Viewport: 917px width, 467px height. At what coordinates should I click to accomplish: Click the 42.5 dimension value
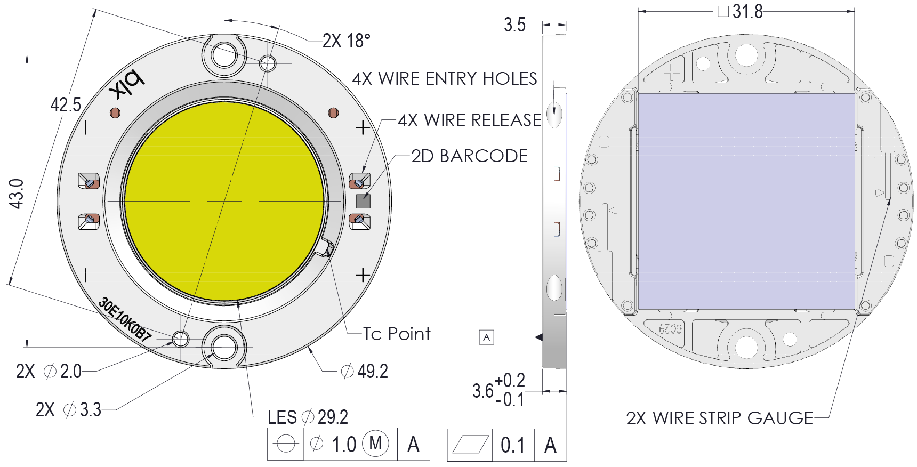pos(66,105)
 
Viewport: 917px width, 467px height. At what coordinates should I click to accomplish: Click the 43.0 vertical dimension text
pos(17,194)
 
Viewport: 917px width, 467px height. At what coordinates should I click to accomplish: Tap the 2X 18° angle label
pos(347,41)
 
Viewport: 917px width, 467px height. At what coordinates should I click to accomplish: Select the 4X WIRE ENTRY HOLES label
pos(445,79)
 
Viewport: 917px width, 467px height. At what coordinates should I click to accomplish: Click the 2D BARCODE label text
pos(469,156)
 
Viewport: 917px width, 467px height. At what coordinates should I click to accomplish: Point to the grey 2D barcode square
pos(363,201)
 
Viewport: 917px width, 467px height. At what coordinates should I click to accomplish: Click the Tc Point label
pos(397,334)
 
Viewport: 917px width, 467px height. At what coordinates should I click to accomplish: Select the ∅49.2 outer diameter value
pos(365,371)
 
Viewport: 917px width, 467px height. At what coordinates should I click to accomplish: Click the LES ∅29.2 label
pos(308,417)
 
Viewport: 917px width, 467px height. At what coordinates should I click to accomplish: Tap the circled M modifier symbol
pos(375,443)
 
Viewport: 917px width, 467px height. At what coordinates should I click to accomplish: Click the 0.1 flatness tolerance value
pos(512,445)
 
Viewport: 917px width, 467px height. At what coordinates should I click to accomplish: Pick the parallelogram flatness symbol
pos(470,444)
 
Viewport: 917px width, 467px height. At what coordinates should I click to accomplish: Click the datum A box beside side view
pos(486,337)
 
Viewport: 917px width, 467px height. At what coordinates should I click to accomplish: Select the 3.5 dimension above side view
pos(514,25)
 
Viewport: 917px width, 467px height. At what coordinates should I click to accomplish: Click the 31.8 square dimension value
pos(747,11)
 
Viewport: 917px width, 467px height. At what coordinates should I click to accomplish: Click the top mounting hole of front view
pos(224,55)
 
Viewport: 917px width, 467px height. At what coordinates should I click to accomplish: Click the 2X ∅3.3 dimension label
pos(68,410)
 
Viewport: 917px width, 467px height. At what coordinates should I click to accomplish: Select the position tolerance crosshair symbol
pos(286,444)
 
